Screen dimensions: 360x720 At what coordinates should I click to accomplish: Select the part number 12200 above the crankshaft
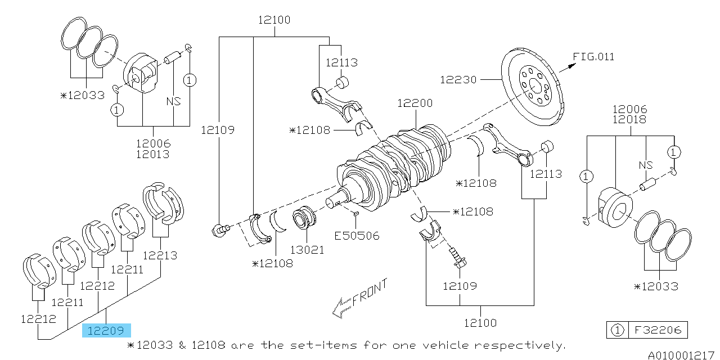click(415, 103)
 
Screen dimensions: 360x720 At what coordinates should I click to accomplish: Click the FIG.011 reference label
click(593, 57)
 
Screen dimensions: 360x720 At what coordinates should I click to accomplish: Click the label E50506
click(357, 236)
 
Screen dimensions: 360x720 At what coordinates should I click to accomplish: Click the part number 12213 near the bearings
click(160, 255)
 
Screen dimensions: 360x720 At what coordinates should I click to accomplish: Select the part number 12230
click(458, 80)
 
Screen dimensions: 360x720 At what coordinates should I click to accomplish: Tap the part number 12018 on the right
click(630, 120)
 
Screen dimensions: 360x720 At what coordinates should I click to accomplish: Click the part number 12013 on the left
click(152, 154)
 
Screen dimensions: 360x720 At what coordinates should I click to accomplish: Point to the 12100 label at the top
click(274, 20)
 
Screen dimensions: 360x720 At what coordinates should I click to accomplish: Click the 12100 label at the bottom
click(481, 323)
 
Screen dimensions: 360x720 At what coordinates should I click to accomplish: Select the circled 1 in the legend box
click(618, 330)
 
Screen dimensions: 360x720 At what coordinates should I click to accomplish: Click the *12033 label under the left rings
click(83, 95)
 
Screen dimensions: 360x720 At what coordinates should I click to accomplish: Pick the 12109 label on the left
click(218, 130)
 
